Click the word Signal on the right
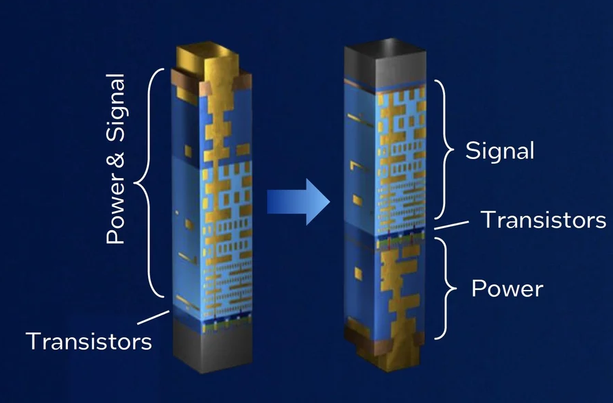500,150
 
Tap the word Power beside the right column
507,289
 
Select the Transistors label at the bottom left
88,341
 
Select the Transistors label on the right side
543,220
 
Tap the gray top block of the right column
384,62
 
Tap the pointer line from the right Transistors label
450,225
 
